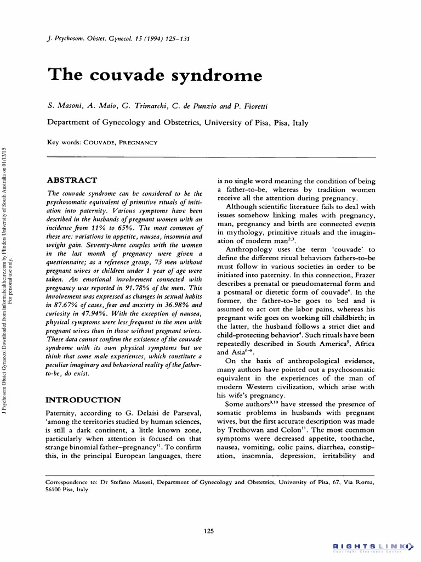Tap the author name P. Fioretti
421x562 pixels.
coord(249,105)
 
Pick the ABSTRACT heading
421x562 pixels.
coord(72,180)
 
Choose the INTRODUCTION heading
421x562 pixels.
coord(83,400)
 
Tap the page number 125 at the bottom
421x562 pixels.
coord(208,530)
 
